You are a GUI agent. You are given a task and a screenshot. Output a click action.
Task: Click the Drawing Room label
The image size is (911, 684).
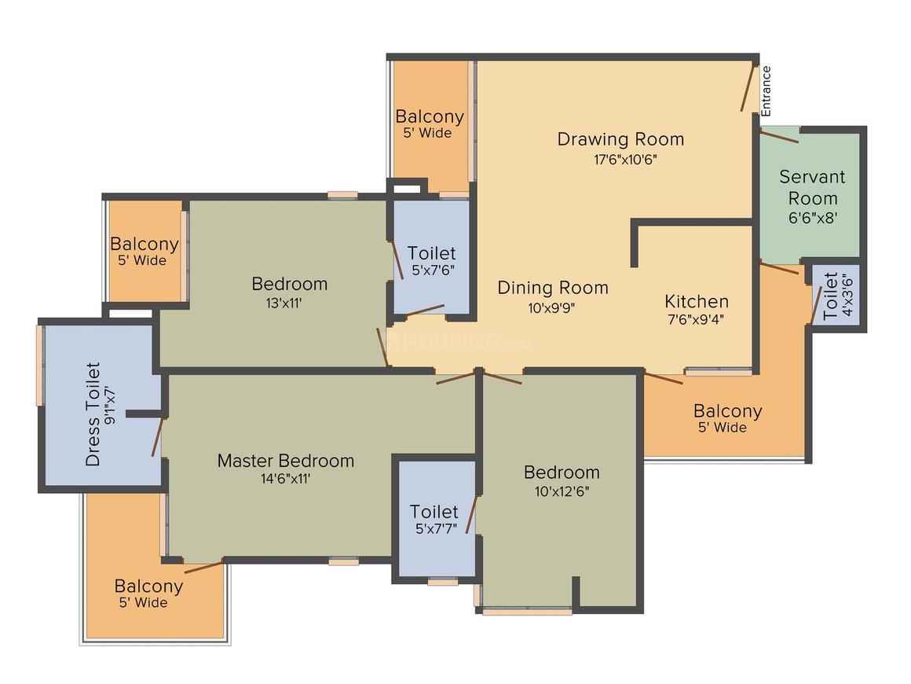click(620, 140)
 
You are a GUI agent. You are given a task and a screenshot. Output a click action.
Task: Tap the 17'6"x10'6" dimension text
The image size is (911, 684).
click(625, 160)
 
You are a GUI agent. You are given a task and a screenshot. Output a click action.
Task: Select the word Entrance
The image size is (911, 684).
click(766, 90)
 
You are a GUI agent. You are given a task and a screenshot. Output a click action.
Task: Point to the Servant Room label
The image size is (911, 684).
click(812, 187)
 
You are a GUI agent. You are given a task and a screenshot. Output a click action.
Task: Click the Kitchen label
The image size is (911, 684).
click(697, 301)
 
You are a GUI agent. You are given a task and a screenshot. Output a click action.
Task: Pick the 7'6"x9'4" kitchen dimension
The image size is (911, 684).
click(696, 319)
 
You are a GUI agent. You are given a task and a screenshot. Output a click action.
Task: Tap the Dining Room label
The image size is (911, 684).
click(553, 288)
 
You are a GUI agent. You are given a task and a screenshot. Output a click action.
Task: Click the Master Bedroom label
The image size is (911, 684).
click(286, 461)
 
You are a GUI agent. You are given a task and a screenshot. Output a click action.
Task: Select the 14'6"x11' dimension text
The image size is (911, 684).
click(285, 479)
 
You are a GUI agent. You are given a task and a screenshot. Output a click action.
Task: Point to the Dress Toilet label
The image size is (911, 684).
click(93, 414)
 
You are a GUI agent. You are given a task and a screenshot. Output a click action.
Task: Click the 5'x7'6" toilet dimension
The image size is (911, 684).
click(433, 270)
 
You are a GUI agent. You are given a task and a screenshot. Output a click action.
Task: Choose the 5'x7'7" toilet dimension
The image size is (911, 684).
click(436, 528)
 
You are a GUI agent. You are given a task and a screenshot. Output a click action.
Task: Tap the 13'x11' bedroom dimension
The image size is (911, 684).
click(284, 303)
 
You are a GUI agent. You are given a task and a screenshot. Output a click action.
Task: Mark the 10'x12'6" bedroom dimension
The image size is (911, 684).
click(562, 491)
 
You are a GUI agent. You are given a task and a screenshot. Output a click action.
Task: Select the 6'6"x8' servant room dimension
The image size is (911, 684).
click(813, 218)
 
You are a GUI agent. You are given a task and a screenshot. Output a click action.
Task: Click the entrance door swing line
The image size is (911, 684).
click(749, 88)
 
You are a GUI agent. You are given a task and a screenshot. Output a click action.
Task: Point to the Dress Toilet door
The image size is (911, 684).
click(157, 436)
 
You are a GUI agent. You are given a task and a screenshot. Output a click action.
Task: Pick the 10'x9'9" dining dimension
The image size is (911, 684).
click(551, 307)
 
